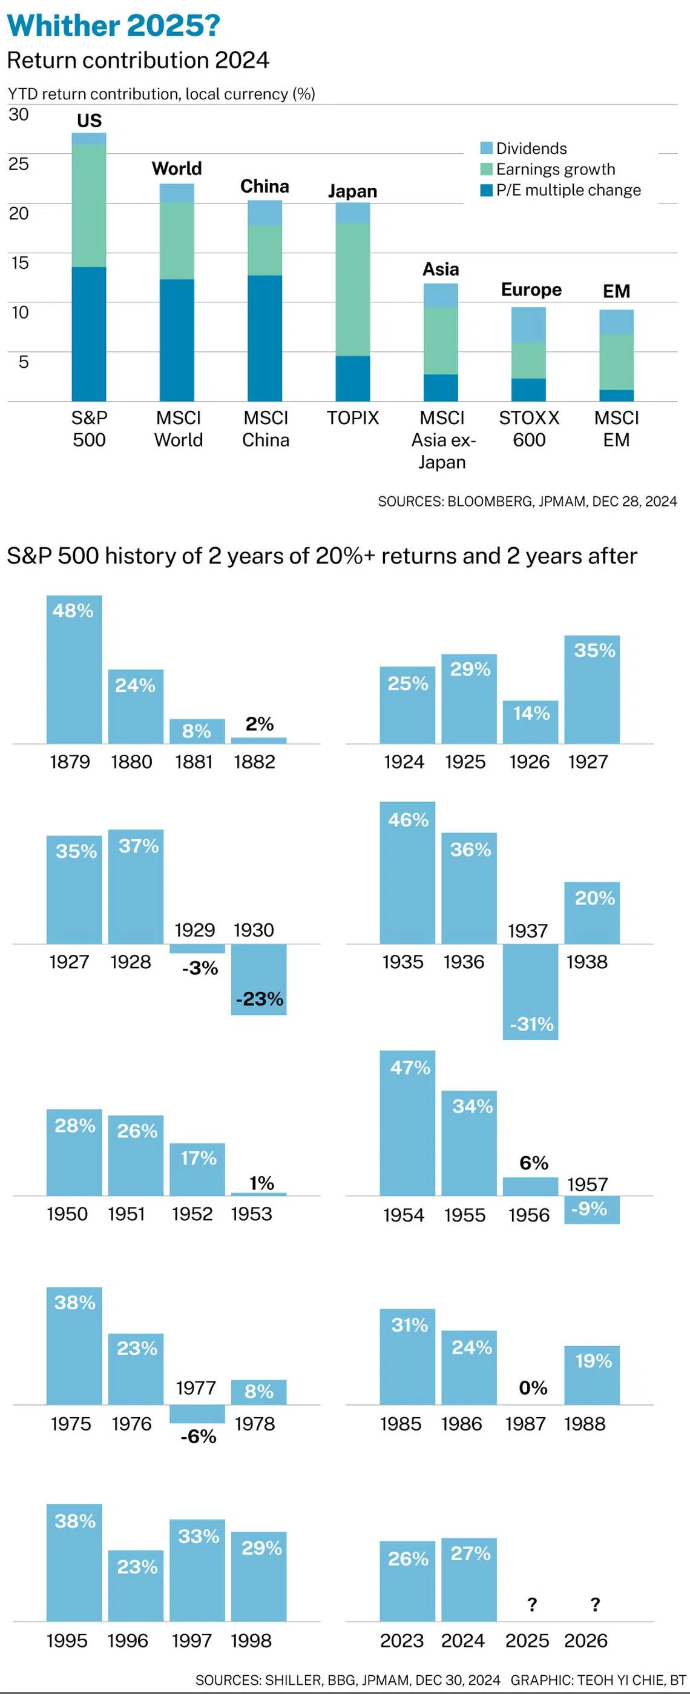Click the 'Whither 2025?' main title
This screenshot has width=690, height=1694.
(113, 25)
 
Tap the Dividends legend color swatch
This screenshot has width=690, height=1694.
(486, 148)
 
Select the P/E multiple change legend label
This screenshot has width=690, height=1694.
(568, 190)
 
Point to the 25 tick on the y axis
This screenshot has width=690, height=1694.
(18, 164)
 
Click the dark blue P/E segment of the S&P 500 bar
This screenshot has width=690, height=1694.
(89, 334)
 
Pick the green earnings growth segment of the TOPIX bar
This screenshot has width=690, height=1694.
(353, 290)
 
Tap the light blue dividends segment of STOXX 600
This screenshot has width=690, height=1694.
(528, 325)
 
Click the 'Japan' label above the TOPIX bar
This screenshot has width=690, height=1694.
(353, 191)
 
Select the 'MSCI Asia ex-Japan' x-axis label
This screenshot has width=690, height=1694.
(442, 440)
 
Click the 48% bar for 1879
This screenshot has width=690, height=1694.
(74, 669)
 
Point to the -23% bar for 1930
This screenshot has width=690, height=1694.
(259, 979)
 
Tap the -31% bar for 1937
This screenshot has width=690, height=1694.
(530, 992)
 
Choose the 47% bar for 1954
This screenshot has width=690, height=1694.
(407, 1123)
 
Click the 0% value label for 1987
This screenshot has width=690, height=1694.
(533, 1387)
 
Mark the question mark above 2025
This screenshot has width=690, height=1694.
(532, 1604)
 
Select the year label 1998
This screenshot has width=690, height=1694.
(251, 1641)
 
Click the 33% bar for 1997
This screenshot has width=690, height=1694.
(197, 1570)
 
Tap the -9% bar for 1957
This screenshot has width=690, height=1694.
(592, 1209)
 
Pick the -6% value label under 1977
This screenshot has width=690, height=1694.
(199, 1437)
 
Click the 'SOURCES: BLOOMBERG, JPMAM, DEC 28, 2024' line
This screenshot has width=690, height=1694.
(527, 502)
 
